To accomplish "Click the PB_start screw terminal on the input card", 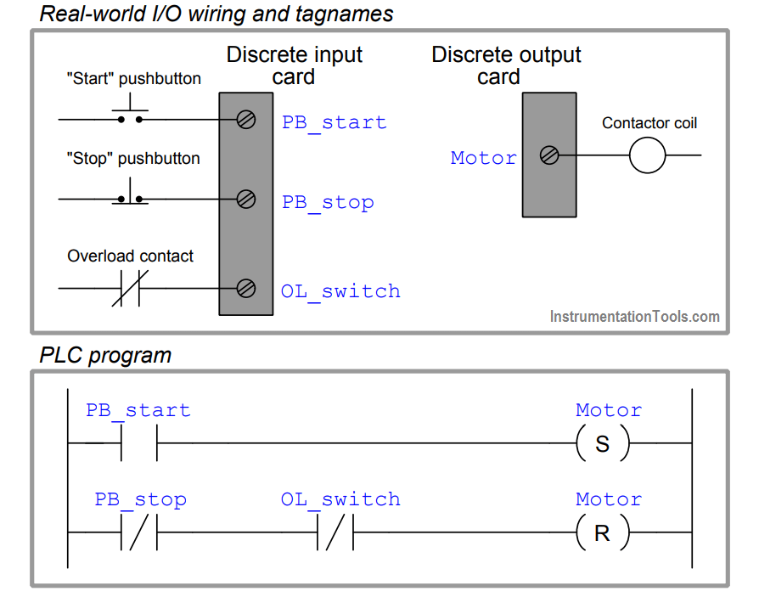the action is pyautogui.click(x=246, y=120).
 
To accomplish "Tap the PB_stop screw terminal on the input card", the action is pyautogui.click(x=246, y=199).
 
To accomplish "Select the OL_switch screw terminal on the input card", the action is pyautogui.click(x=246, y=289).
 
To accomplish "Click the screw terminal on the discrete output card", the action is pyautogui.click(x=549, y=155).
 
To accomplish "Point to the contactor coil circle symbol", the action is pyautogui.click(x=647, y=155).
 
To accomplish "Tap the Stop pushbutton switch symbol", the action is pyautogui.click(x=130, y=192).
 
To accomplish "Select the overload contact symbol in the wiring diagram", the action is pyautogui.click(x=130, y=289).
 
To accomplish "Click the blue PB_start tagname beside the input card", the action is pyautogui.click(x=334, y=123).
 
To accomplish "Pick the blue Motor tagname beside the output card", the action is pyautogui.click(x=484, y=158).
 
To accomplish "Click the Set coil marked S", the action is pyautogui.click(x=603, y=443).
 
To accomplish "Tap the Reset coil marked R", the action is pyautogui.click(x=603, y=532).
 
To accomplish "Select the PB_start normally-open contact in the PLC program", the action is pyautogui.click(x=139, y=443).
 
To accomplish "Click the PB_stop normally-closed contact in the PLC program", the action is pyautogui.click(x=139, y=532).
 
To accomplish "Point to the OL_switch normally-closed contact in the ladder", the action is pyautogui.click(x=335, y=532).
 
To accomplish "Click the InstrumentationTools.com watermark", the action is pyautogui.click(x=634, y=317).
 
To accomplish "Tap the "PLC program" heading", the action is pyautogui.click(x=105, y=356).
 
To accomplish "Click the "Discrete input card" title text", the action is pyautogui.click(x=295, y=66).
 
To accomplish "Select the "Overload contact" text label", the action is pyautogui.click(x=130, y=256).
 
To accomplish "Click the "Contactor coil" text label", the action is pyautogui.click(x=649, y=123).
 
